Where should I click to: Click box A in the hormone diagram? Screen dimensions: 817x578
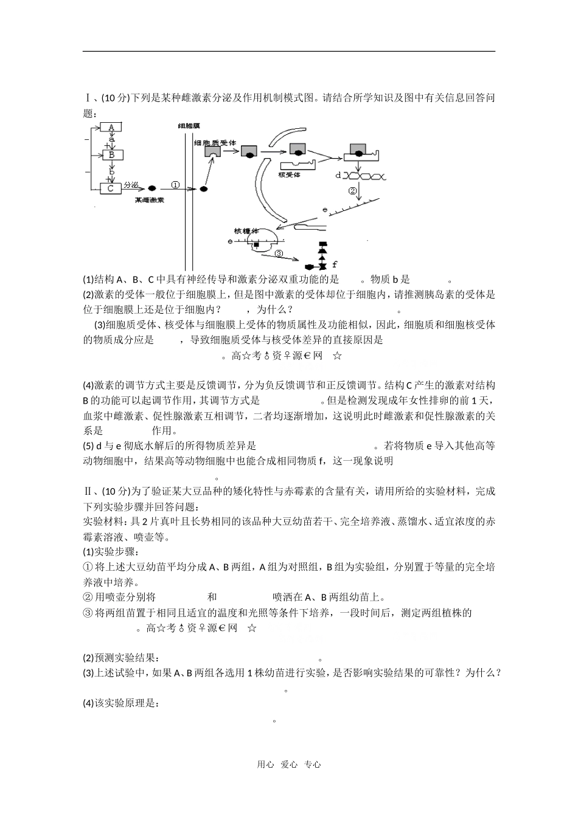click(x=111, y=127)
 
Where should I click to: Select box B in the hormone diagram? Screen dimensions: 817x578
click(x=112, y=155)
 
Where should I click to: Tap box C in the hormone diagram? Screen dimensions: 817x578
click(x=110, y=188)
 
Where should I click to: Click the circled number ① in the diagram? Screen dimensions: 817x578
click(x=175, y=185)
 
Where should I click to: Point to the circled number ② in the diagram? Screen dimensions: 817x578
click(x=353, y=191)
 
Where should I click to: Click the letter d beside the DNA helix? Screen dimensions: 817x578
click(x=338, y=175)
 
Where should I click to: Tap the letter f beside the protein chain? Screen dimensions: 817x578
click(x=335, y=264)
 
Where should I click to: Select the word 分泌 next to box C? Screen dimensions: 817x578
click(x=131, y=184)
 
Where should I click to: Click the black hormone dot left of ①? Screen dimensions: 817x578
click(x=151, y=188)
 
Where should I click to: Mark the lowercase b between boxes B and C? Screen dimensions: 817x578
click(x=111, y=172)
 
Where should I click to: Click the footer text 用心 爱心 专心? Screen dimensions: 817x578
click(x=288, y=765)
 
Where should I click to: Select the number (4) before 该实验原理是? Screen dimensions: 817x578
click(x=88, y=704)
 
